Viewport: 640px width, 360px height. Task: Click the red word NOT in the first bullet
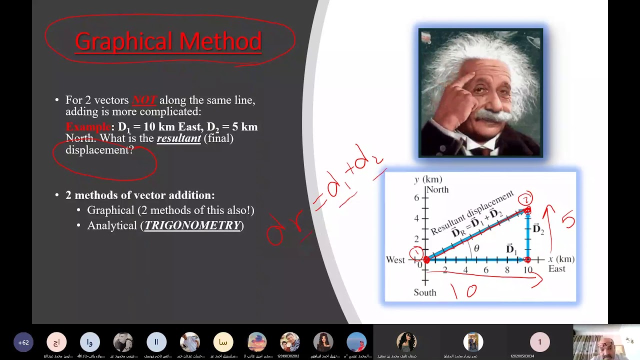click(144, 100)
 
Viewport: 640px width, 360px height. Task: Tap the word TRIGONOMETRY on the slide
click(192, 225)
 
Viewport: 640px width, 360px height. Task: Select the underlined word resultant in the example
click(178, 138)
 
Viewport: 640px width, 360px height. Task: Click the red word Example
click(88, 127)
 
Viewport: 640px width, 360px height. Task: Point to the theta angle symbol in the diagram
click(476, 248)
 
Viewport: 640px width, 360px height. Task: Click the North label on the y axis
click(437, 189)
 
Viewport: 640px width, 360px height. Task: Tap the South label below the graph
click(424, 292)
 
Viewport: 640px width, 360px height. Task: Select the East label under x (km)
click(556, 269)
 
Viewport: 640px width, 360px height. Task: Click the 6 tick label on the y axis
click(416, 197)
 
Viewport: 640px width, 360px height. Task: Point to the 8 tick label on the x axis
click(507, 270)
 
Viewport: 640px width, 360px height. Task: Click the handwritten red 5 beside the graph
click(568, 220)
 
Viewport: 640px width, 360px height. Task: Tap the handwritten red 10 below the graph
click(463, 290)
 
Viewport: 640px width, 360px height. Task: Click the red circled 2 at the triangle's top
click(525, 198)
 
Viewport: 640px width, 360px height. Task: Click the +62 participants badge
click(23, 342)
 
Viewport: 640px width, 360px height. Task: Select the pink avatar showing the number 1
click(539, 342)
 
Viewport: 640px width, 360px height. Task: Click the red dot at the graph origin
click(426, 259)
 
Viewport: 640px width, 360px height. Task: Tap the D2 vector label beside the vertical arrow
click(538, 229)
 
